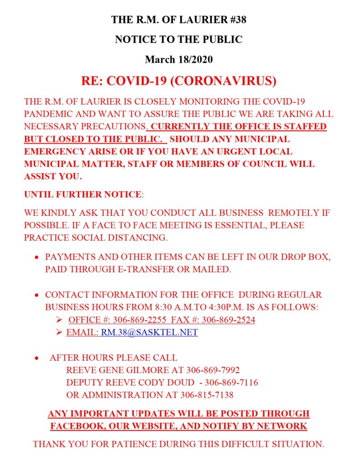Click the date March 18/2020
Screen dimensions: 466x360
[178, 59]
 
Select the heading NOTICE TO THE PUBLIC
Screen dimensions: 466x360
[178, 40]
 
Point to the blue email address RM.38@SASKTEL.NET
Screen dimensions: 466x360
[149, 333]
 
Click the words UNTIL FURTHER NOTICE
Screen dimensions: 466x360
[83, 194]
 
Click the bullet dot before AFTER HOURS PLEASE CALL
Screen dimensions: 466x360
[37, 358]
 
